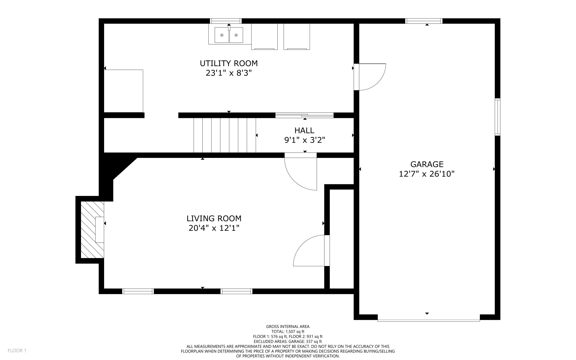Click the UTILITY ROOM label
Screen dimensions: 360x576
coord(229,63)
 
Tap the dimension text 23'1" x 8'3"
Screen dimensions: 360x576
coord(229,73)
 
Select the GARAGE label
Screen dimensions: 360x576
coord(427,164)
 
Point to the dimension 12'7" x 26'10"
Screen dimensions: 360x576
coord(427,174)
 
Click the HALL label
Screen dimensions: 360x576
coord(304,130)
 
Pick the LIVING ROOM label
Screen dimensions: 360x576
coord(214,218)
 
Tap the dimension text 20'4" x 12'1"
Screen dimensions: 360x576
coord(214,228)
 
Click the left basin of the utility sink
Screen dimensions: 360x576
coord(222,35)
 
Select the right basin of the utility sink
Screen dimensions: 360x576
coord(236,35)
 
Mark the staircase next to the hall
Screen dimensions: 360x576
coord(224,135)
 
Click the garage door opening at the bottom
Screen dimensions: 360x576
coord(428,320)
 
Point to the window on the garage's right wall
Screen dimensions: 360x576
coord(498,117)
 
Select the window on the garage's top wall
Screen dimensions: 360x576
coord(424,21)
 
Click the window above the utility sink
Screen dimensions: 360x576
coord(226,21)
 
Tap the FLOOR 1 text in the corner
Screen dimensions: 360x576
coord(17,350)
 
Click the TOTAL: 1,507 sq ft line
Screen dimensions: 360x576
coord(288,332)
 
